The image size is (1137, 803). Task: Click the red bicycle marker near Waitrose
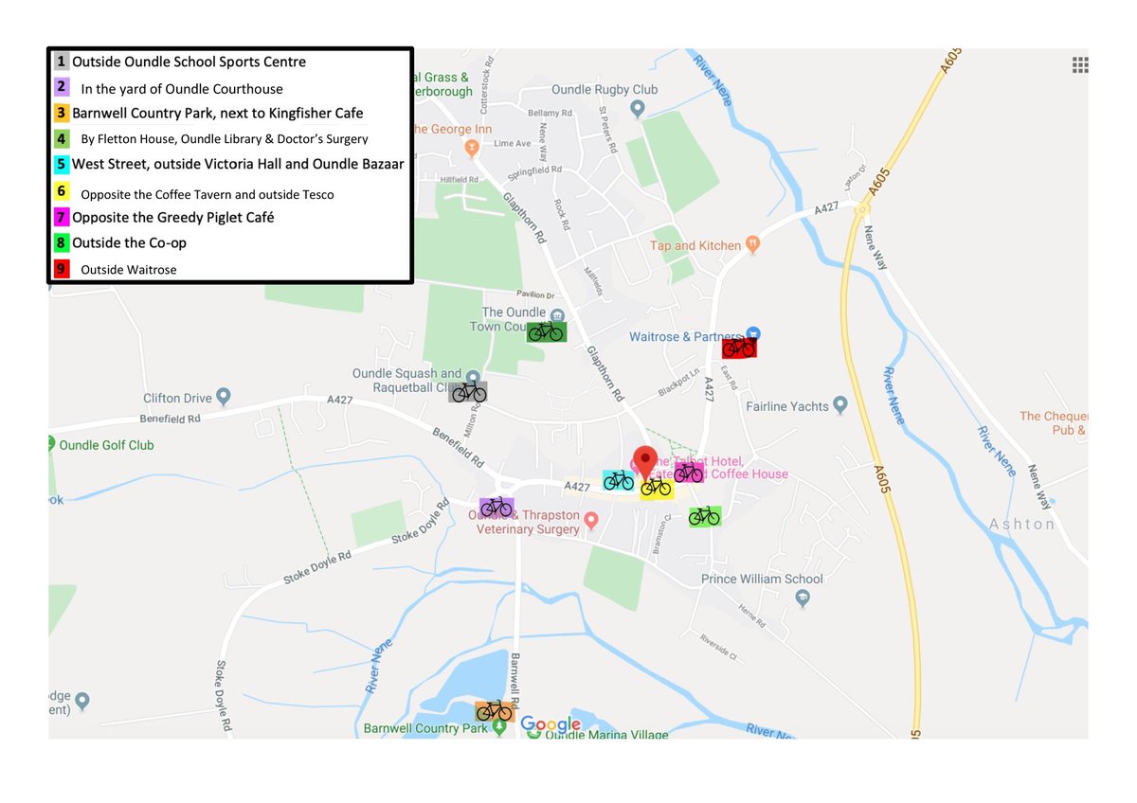739,348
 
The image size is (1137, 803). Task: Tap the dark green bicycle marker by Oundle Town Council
547,331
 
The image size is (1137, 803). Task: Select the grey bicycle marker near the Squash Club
468,392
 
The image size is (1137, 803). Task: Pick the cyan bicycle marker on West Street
618,480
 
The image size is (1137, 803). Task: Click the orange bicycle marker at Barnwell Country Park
494,710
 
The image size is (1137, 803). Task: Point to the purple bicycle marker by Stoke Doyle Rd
496,508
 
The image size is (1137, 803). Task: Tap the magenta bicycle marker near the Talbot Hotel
689,472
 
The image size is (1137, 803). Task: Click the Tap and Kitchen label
695,245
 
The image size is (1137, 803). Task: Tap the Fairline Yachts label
787,406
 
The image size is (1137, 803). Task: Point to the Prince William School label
762,579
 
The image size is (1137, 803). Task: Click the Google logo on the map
550,725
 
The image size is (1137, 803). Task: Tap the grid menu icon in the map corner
1079,64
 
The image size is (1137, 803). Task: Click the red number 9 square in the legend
62,269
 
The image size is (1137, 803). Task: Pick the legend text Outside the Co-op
130,243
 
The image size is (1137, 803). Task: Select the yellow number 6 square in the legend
62,191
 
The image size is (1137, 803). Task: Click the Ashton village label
1021,524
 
